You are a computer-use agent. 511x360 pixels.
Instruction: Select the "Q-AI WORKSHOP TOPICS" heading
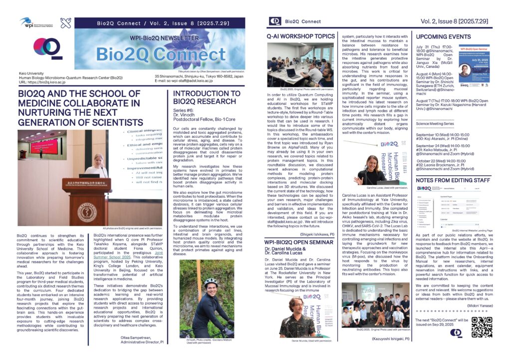[x=300, y=36]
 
